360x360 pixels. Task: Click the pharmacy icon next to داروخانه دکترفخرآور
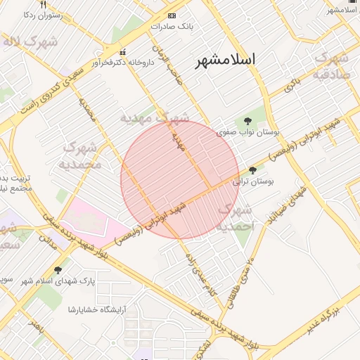coord(124,52)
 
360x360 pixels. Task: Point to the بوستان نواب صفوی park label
coord(247,132)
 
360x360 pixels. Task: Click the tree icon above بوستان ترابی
coord(253,171)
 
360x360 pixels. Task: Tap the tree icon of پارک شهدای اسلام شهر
coord(57,270)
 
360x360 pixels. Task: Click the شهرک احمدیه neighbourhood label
coord(236,218)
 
